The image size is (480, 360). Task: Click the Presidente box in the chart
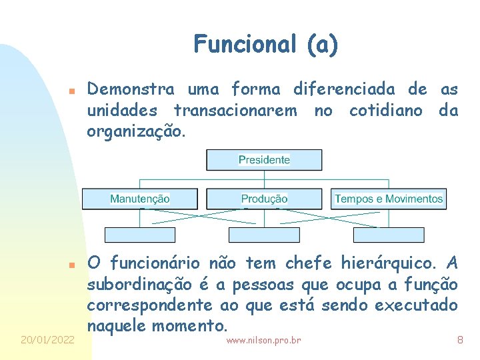[x=264, y=160]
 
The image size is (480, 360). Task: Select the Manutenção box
[x=140, y=199]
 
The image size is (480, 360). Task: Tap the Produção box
[x=264, y=199]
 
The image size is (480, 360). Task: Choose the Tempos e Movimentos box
[x=389, y=199]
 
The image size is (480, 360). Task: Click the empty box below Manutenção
[x=140, y=235]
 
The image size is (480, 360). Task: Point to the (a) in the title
[x=323, y=45]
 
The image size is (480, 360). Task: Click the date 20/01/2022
[x=47, y=340]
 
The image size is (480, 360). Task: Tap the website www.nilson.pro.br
[x=263, y=341]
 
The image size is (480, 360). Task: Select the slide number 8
[x=459, y=340]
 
